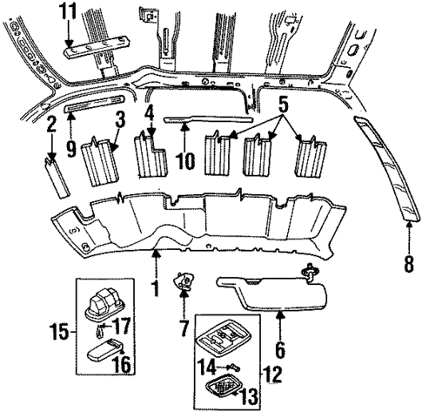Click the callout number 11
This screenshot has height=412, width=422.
pyautogui.click(x=69, y=11)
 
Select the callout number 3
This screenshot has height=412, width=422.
pyautogui.click(x=121, y=119)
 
